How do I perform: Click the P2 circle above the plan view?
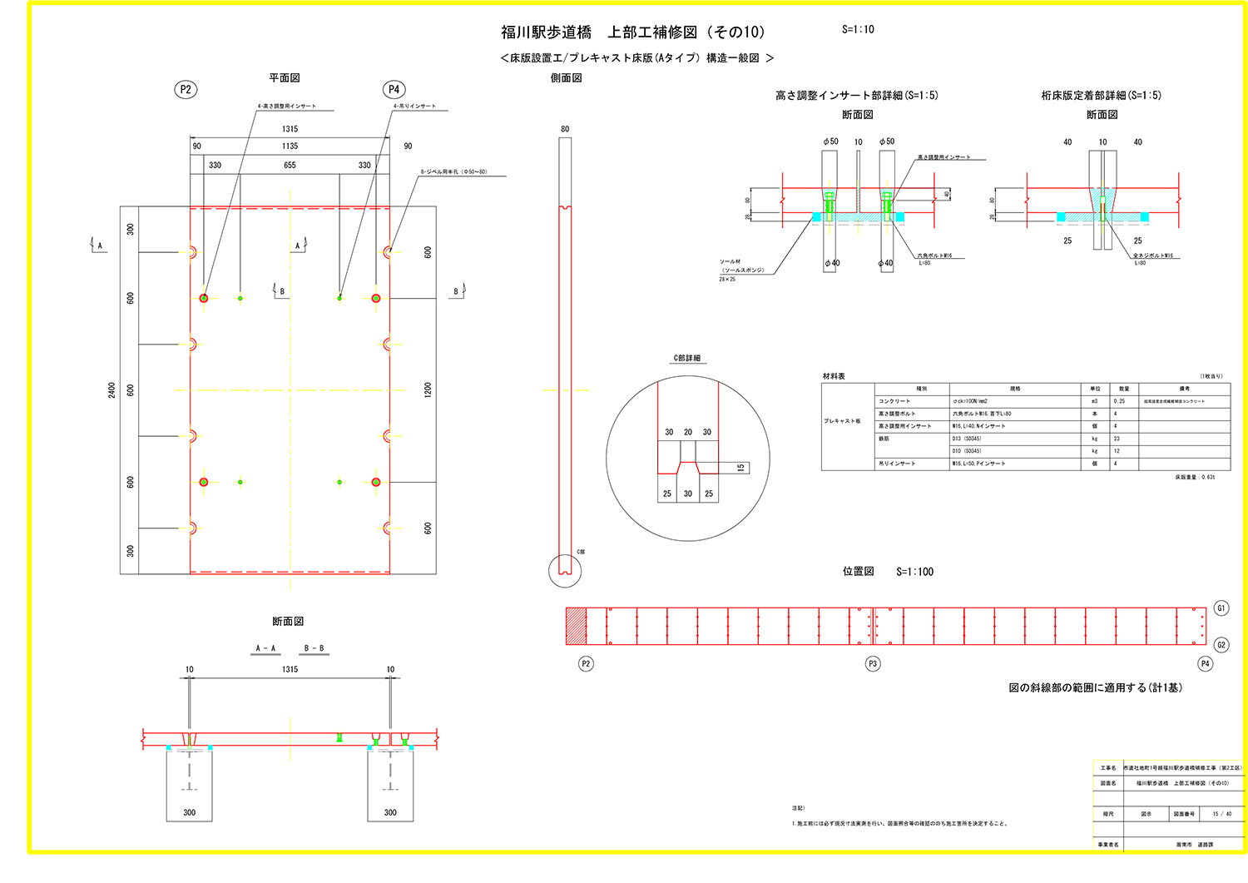click(186, 90)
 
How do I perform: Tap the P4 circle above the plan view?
click(394, 90)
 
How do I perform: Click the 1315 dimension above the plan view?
click(290, 129)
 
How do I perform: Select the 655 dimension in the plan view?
click(290, 165)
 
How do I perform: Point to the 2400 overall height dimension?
click(111, 389)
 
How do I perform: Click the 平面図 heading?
click(284, 77)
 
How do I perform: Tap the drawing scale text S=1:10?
click(858, 29)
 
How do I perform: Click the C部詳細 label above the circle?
click(687, 358)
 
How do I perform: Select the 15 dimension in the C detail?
click(740, 468)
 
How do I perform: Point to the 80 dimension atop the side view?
click(565, 129)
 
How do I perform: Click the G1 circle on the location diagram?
click(1221, 608)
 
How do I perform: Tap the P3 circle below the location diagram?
click(873, 663)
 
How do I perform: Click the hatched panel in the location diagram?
click(576, 626)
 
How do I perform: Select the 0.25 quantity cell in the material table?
click(1119, 401)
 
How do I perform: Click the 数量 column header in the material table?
click(1123, 389)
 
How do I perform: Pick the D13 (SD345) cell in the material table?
click(967, 439)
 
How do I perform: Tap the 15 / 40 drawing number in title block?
click(1221, 814)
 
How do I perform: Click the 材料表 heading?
click(834, 376)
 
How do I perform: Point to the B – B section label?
click(314, 648)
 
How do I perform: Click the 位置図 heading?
click(858, 571)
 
